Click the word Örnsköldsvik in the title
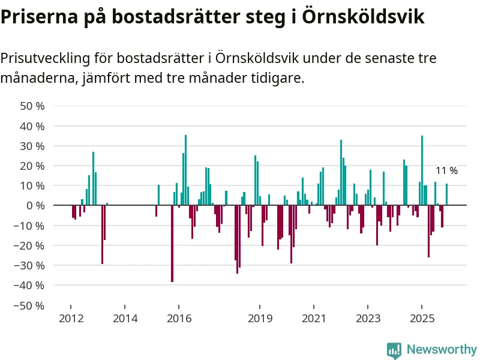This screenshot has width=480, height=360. coord(364,17)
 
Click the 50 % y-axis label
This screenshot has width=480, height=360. coord(32,106)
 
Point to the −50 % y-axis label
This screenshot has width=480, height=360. coord(30,305)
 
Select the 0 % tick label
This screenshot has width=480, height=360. coord(35,206)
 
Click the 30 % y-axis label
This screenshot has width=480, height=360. coord(32,146)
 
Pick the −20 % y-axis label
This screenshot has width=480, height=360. coord(30,245)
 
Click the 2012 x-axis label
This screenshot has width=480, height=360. coord(70,318)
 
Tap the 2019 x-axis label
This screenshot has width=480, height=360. coord(260,318)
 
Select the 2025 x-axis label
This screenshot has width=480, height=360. coord(422,318)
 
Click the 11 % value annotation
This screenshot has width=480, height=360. coord(446,171)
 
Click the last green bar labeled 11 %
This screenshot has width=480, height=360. coord(446,194)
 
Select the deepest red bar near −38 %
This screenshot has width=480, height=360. coord(172,243)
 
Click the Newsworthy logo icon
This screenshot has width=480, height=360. coord(394,350)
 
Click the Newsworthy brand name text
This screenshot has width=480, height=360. coord(441,349)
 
